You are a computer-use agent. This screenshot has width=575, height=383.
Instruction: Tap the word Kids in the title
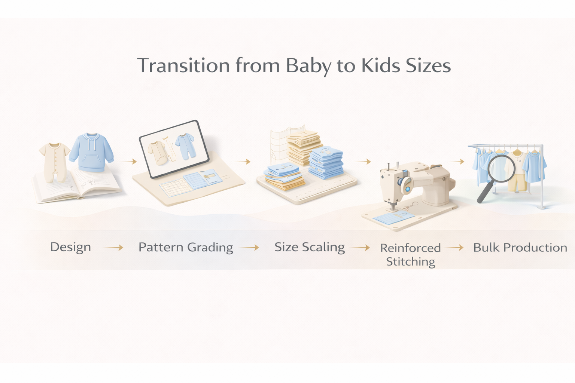(380, 65)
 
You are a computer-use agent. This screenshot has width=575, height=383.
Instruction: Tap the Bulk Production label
(520, 248)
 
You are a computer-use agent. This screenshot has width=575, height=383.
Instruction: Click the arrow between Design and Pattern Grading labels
(113, 248)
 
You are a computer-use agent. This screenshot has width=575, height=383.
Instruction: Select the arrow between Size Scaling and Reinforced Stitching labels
(360, 248)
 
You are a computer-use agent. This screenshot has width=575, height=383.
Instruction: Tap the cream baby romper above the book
(54, 162)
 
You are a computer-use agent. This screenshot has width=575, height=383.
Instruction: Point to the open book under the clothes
(76, 185)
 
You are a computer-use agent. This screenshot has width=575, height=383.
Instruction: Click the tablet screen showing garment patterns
(174, 149)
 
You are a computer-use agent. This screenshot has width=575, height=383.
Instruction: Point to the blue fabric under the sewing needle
(393, 216)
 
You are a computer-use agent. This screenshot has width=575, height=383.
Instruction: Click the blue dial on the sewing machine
(408, 189)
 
